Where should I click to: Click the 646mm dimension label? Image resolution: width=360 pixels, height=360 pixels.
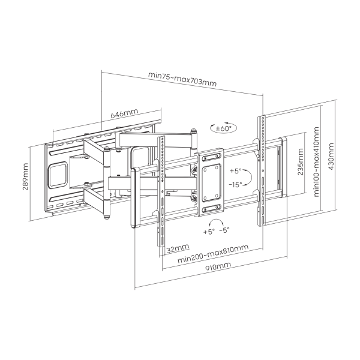tap(124, 113)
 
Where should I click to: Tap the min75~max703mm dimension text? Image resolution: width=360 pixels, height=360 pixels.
tap(182, 79)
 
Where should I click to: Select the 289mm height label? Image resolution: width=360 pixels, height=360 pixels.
tap(25, 176)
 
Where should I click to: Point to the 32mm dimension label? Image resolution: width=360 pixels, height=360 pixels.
tap(178, 248)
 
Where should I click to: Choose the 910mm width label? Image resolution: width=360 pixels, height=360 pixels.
tap(218, 267)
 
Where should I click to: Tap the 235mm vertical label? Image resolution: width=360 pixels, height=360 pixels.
tap(301, 161)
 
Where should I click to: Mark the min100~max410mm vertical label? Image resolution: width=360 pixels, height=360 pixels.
tap(316, 161)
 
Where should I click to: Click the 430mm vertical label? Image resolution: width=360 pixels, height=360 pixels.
tap(331, 157)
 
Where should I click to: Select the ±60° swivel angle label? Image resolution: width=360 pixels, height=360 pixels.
tap(224, 128)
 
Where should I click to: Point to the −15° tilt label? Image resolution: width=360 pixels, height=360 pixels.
tap(236, 184)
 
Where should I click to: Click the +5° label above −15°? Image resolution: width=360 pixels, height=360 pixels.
tap(236, 171)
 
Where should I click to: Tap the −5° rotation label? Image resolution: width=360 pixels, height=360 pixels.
tap(224, 230)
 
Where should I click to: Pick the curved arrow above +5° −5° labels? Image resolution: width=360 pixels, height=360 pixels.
tap(217, 223)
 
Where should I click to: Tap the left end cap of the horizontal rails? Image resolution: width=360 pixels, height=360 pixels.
tap(136, 197)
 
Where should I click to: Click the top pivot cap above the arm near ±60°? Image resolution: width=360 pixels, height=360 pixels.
tap(194, 131)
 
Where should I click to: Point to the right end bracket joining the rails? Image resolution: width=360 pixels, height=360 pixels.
tap(283, 167)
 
